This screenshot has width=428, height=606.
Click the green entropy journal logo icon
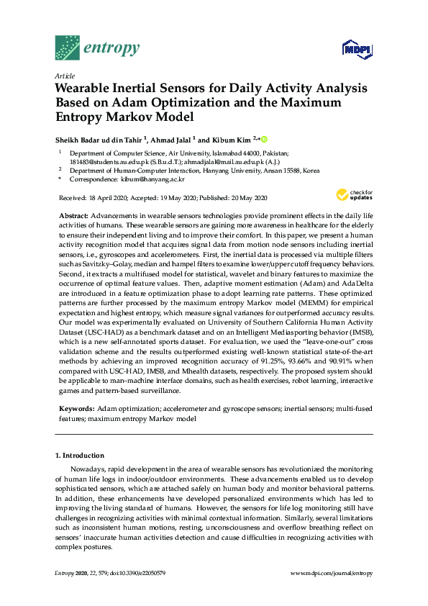[68, 48]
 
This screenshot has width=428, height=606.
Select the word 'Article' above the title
[65, 76]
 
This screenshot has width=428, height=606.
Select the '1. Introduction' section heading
[80, 456]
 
